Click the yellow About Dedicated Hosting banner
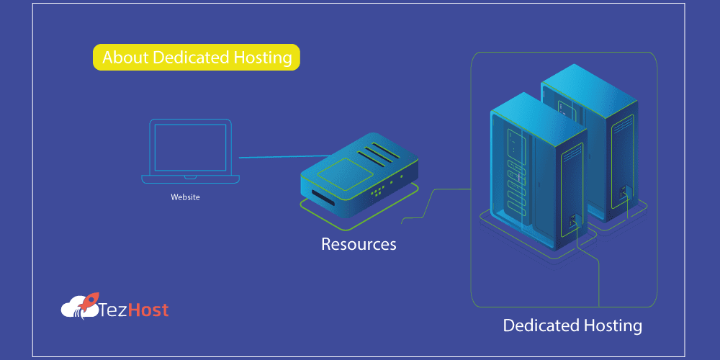(196, 58)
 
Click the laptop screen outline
(190, 147)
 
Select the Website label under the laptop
(185, 197)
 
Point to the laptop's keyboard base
(190, 177)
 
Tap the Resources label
(359, 244)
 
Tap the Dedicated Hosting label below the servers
(572, 325)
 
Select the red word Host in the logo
(150, 310)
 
